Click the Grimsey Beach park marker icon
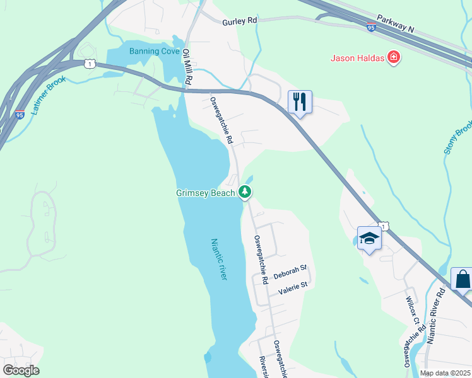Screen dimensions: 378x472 click(x=245, y=192)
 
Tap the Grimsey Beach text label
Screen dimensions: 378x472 click(x=206, y=193)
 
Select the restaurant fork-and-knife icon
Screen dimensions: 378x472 click(x=299, y=101)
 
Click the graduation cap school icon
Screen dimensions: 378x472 click(x=369, y=238)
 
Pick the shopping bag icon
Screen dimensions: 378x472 click(x=463, y=278)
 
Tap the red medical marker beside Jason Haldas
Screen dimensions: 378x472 click(x=394, y=59)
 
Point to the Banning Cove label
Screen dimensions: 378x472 click(x=155, y=51)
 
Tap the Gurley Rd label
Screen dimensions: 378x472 click(x=240, y=21)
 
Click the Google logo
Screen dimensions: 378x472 click(x=20, y=370)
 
